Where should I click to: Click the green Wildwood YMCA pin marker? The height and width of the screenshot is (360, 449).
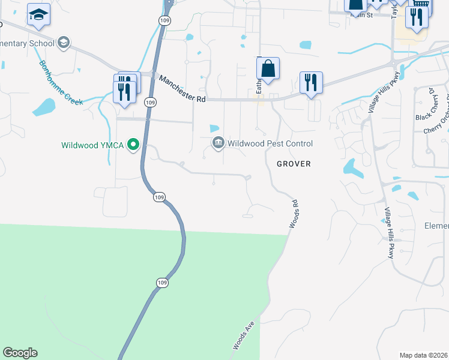pos(135,145)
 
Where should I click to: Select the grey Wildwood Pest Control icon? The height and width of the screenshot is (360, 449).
pos(218,143)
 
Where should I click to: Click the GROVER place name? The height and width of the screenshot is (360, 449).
pos(294,163)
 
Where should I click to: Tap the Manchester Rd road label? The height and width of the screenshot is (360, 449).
pos(182,88)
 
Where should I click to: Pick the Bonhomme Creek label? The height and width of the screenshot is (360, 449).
pos(61,83)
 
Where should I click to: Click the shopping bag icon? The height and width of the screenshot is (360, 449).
pos(268,70)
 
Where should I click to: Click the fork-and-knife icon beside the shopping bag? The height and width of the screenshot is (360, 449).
pos(311,82)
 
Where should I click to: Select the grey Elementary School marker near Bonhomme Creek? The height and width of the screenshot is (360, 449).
pos(63,43)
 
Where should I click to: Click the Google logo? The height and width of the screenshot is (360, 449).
pos(20,353)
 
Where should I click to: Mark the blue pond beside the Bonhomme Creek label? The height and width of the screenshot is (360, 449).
pos(43,107)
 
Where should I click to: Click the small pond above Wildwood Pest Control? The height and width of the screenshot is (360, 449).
pos(214,128)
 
